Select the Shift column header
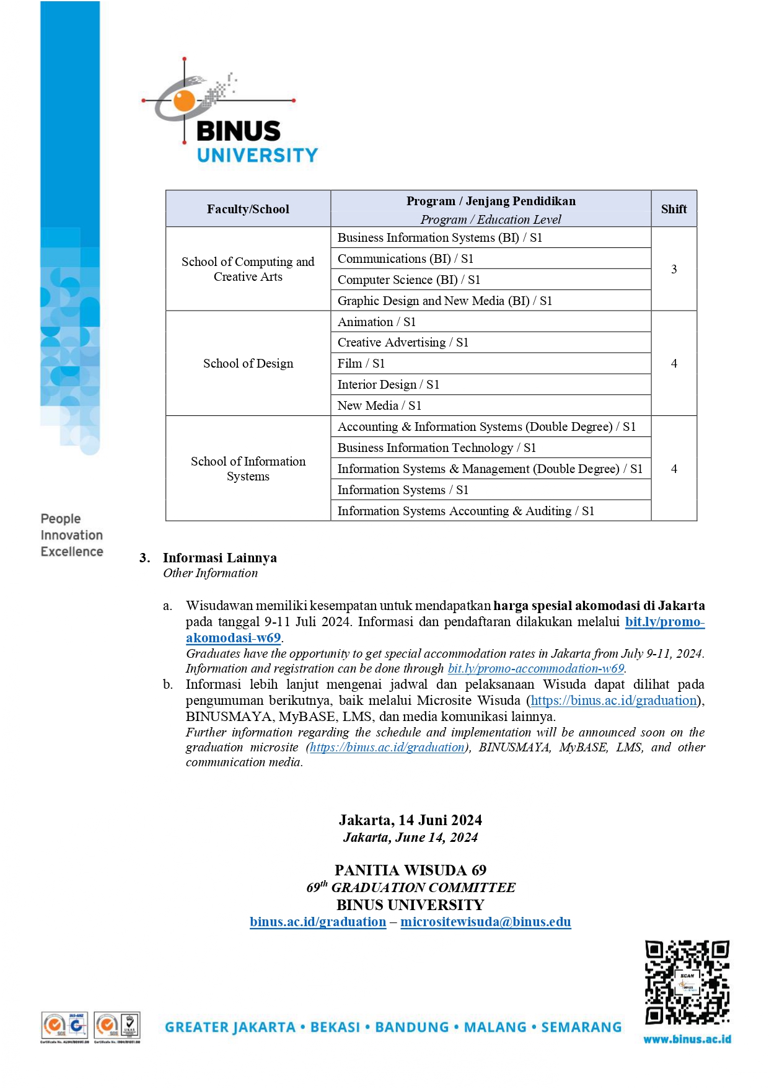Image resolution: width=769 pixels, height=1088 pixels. click(674, 209)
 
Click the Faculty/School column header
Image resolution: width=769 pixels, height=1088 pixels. click(248, 209)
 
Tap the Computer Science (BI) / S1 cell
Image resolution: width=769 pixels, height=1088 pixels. click(409, 280)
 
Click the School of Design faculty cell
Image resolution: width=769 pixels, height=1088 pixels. click(248, 363)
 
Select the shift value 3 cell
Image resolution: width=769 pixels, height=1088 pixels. click(674, 269)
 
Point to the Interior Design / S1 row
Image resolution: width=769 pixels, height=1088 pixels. click(389, 384)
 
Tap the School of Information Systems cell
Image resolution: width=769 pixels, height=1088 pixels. click(248, 469)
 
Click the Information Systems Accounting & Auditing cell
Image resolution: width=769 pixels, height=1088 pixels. click(465, 511)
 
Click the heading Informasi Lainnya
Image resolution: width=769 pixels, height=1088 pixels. click(219, 557)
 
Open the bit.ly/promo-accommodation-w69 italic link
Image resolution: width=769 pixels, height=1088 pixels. click(536, 668)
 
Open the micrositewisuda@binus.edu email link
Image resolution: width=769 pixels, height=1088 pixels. click(485, 922)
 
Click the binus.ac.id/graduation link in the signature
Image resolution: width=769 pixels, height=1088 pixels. click(318, 922)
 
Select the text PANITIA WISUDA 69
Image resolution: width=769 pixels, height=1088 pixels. click(410, 870)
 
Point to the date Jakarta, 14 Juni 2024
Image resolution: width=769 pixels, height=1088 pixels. click(410, 820)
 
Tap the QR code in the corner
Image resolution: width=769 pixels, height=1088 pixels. click(687, 983)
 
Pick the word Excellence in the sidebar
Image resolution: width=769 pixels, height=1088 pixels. click(72, 551)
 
